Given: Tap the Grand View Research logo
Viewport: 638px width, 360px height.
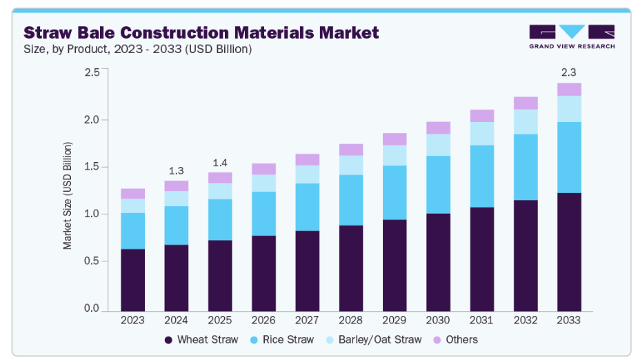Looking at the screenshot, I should pyautogui.click(x=572, y=36).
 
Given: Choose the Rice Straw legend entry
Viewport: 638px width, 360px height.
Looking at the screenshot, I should pyautogui.click(x=282, y=339).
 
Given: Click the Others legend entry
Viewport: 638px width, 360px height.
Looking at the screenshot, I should pyautogui.click(x=455, y=339).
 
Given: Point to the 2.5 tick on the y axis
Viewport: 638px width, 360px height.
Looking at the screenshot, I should pyautogui.click(x=92, y=72).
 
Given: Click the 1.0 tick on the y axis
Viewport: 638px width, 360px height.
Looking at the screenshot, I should pyautogui.click(x=92, y=214).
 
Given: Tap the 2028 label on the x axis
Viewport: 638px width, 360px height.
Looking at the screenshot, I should pyautogui.click(x=351, y=321).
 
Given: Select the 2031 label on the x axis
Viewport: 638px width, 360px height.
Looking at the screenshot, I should pyautogui.click(x=482, y=321).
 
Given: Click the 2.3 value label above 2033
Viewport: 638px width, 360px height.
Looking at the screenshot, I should pyautogui.click(x=569, y=72).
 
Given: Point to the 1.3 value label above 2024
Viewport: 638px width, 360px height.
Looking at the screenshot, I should pyautogui.click(x=177, y=170).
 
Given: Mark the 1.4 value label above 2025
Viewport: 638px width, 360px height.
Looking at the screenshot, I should pyautogui.click(x=220, y=162).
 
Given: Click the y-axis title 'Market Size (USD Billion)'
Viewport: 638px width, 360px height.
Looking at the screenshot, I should pyautogui.click(x=68, y=195).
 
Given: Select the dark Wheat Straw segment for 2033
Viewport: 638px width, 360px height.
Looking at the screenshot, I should pyautogui.click(x=569, y=252).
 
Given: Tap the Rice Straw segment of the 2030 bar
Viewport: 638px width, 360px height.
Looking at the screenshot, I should pyautogui.click(x=438, y=184).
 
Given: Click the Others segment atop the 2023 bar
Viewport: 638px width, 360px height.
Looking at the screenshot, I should pyautogui.click(x=133, y=194).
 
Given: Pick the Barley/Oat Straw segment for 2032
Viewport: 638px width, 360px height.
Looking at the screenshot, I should pyautogui.click(x=526, y=121).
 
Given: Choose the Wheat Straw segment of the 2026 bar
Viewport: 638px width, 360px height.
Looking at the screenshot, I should pyautogui.click(x=263, y=273).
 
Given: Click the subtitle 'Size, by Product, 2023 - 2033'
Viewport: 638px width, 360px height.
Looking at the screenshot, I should pyautogui.click(x=138, y=49).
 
